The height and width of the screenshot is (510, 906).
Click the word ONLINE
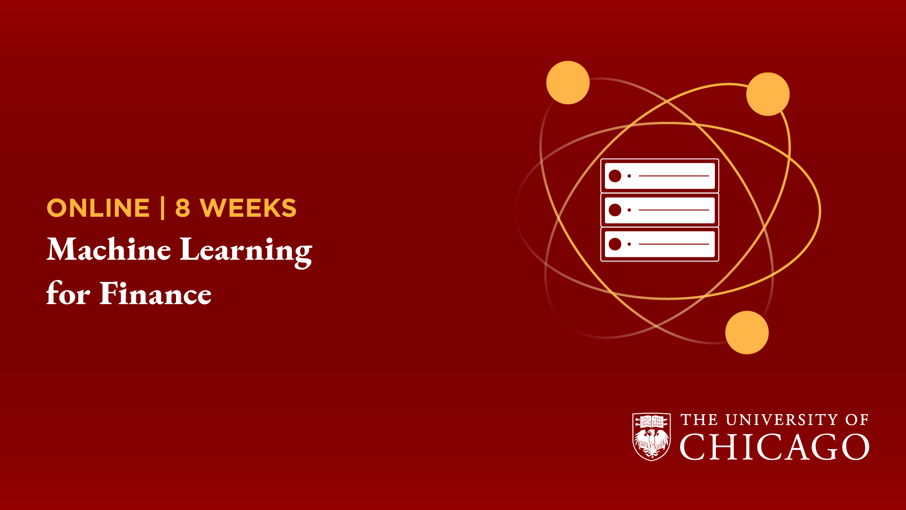tap(98, 208)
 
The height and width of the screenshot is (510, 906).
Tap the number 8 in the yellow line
tap(183, 208)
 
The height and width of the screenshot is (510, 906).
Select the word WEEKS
tap(248, 208)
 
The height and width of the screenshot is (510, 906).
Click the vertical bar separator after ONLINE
tap(163, 208)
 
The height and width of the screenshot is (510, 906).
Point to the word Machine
tap(109, 249)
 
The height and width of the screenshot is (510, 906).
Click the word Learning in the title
tap(246, 252)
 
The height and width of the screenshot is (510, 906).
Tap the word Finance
tap(156, 293)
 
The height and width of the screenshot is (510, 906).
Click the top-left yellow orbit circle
tap(568, 83)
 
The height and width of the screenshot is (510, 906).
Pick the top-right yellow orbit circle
tap(768, 94)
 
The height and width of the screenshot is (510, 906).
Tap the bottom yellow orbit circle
tap(747, 332)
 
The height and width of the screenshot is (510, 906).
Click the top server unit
tap(660, 176)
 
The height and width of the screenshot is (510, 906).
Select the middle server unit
tap(660, 210)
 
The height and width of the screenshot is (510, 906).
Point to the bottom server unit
tap(660, 244)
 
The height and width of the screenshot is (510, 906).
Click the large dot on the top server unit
tap(615, 176)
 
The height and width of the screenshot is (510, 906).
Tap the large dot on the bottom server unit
tap(615, 244)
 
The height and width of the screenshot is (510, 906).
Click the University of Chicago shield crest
tap(652, 437)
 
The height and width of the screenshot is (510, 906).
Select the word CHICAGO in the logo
tap(774, 447)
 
